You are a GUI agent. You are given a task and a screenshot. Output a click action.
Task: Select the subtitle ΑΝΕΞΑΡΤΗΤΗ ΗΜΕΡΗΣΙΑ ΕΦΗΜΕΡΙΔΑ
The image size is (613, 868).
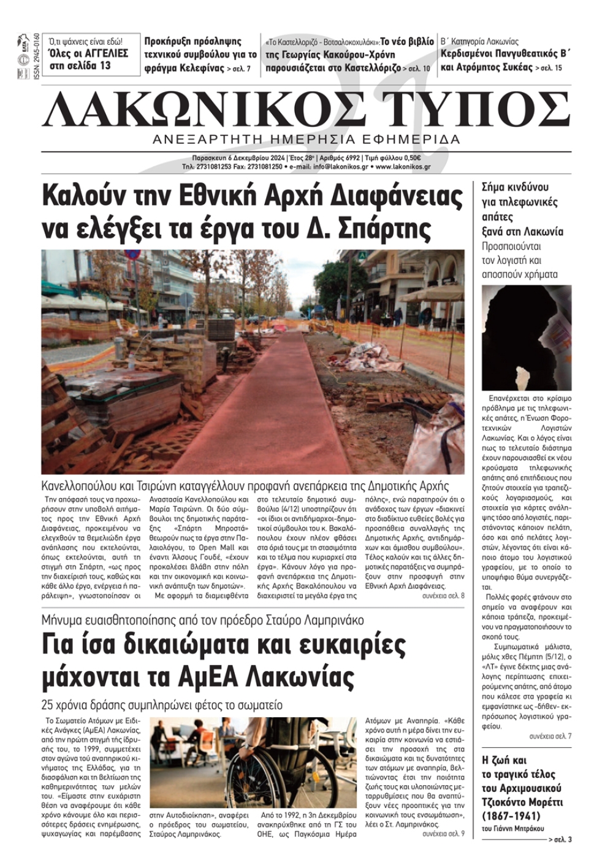click(306, 139)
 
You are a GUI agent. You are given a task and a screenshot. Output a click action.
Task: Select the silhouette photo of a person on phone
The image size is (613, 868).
click(526, 337)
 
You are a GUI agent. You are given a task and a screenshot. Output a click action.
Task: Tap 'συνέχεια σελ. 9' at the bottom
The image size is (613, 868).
click(443, 834)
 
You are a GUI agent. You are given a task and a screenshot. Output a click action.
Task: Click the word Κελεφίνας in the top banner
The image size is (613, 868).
click(196, 67)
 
